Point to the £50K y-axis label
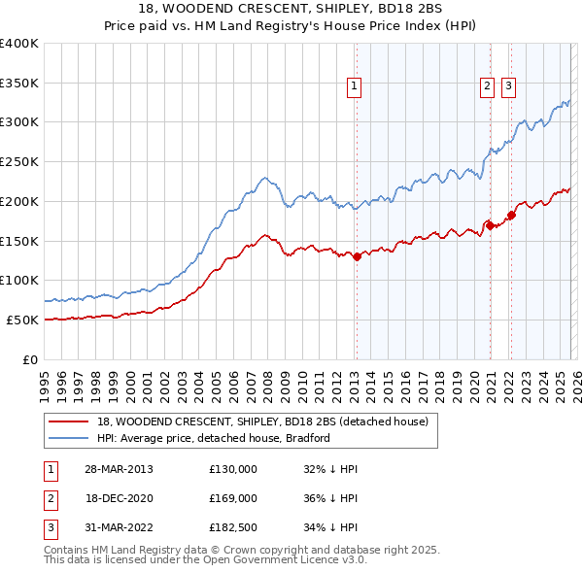click(22, 320)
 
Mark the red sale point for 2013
click(357, 256)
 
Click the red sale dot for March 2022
click(511, 215)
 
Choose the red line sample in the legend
click(71, 421)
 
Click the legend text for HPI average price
click(214, 438)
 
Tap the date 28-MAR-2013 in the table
click(120, 469)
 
